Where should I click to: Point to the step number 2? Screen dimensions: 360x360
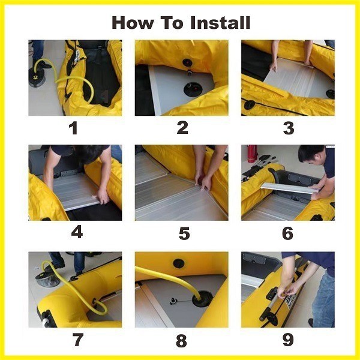point(182,127)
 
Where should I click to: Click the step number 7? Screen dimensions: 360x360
point(77,340)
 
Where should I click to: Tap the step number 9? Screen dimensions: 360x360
point(288,340)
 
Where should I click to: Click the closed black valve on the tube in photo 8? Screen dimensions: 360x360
point(178,262)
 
